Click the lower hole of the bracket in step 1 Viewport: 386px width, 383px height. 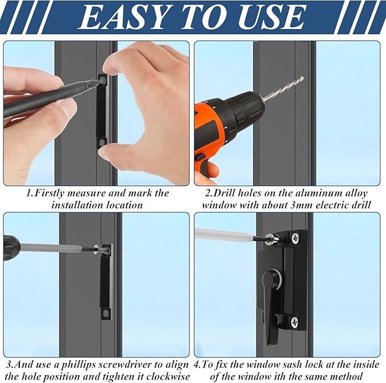tap(103, 141)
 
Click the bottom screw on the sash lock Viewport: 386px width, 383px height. tap(294, 322)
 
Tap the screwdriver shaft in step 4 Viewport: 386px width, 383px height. tap(227, 233)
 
